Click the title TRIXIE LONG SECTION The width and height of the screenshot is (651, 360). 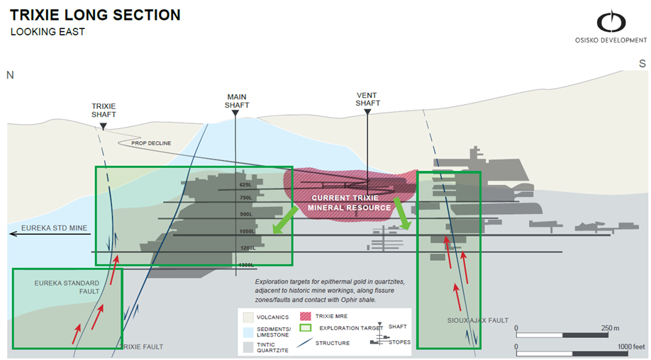coord(95,15)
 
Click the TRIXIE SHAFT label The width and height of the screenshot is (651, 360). coord(104,110)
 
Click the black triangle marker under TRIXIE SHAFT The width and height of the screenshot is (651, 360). coord(104,126)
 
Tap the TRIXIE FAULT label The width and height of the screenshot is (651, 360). coord(141,347)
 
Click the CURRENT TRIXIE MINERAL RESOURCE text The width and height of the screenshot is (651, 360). coord(350,202)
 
